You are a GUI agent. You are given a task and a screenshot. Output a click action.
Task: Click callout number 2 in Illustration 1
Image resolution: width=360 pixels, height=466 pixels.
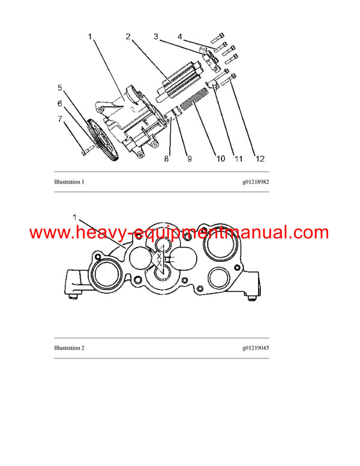pyautogui.click(x=128, y=37)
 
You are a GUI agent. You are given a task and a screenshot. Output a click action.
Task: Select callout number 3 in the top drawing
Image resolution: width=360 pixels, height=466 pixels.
pyautogui.click(x=155, y=37)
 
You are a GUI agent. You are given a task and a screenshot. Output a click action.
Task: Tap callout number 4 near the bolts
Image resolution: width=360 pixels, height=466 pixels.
pyautogui.click(x=179, y=37)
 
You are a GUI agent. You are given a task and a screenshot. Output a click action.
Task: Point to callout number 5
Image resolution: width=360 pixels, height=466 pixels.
pyautogui.click(x=60, y=88)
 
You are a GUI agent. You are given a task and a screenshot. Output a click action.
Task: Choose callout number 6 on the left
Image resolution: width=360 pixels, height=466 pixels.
pyautogui.click(x=60, y=103)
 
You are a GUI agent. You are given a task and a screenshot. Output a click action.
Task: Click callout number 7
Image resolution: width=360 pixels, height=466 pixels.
pyautogui.click(x=60, y=119)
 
